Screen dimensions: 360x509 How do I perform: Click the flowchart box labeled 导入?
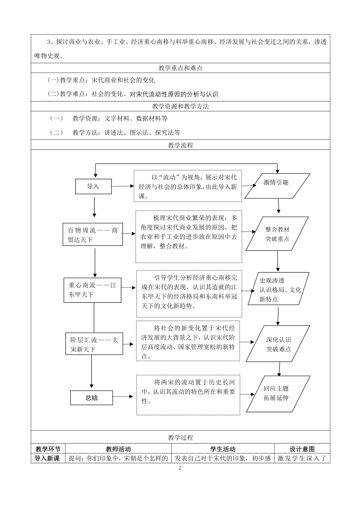pos(93,186)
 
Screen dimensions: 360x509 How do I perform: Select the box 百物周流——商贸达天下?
pos(93,234)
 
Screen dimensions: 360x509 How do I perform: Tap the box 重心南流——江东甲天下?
pos(92,290)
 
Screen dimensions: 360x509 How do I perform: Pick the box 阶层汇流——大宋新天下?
pos(94,344)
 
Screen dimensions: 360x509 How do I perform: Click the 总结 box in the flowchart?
pos(91,398)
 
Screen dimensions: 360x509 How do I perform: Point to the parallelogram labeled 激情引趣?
pos(277,186)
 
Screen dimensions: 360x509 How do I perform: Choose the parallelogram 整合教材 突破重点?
pos(277,234)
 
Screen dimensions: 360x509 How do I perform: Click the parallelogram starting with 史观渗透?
pos(278,288)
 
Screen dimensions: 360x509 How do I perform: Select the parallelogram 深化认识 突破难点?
pos(278,344)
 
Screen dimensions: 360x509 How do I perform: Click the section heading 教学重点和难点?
pos(180,68)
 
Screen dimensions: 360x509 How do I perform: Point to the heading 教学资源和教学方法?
pos(180,106)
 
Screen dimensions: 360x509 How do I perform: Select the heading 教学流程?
pos(180,145)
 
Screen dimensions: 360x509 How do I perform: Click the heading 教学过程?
pos(180,437)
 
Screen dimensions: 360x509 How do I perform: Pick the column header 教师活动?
pos(118,449)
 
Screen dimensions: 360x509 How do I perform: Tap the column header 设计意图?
pos(302,449)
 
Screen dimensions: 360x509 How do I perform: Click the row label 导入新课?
pos(47,458)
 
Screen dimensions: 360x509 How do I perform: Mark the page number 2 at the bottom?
pos(180,468)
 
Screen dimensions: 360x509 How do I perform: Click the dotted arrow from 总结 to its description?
pos(123,396)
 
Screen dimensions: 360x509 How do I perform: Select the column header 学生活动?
pos(223,449)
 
